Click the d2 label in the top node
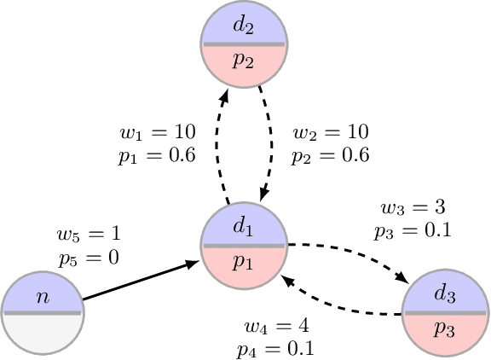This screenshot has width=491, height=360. (x=245, y=26)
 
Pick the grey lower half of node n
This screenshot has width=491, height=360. (x=41, y=333)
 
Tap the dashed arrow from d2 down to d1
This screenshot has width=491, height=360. (x=270, y=145)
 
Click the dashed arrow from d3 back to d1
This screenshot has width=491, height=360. (x=341, y=307)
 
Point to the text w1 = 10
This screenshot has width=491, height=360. (x=159, y=133)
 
